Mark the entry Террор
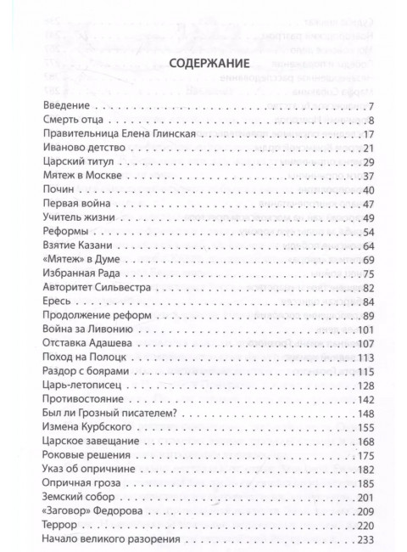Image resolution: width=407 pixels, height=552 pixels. coord(58,524)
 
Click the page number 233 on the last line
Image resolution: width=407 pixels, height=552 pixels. coord(365,538)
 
